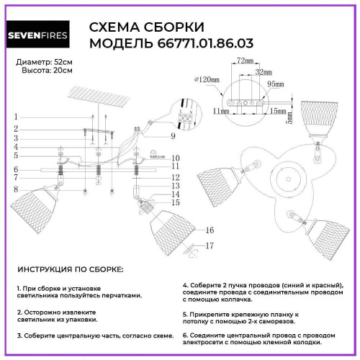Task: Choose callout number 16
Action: coord(209,230)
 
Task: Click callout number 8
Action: coord(14,189)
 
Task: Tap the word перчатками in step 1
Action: coord(119,295)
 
